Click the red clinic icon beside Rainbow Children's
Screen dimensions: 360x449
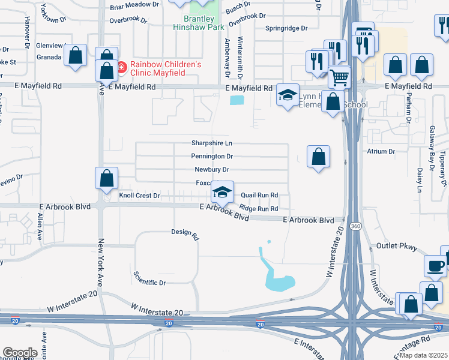[121, 67]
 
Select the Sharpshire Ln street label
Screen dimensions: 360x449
[211, 143]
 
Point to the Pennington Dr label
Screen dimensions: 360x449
[211, 157]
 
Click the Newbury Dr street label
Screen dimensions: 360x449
[212, 170]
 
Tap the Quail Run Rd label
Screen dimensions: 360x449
[259, 195]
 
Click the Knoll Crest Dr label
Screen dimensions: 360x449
[139, 196]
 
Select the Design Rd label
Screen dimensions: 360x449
[184, 232]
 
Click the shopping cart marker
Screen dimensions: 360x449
[339, 77]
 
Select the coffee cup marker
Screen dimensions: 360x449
[435, 265]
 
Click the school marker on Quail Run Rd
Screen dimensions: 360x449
[222, 193]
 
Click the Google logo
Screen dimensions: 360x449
[20, 353]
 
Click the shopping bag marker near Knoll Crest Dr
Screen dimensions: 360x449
[106, 178]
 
